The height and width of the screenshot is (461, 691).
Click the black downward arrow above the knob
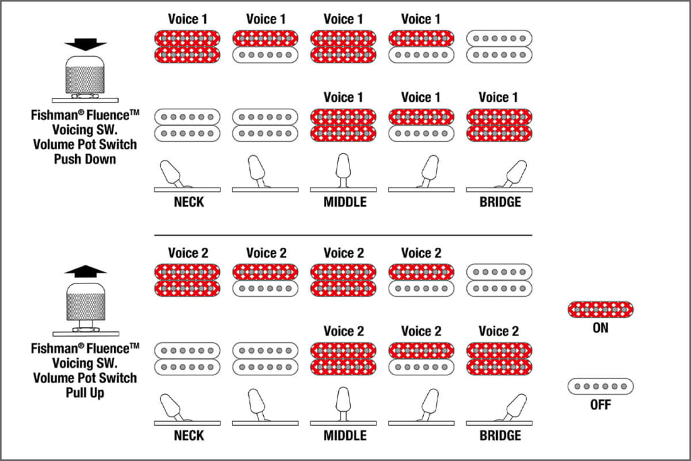[86, 45]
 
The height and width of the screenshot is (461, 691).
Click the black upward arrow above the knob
[86, 270]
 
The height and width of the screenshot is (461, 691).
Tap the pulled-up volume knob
[85, 303]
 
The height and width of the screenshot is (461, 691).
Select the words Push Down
[84, 159]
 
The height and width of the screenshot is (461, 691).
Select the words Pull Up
[84, 393]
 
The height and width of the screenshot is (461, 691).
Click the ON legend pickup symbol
[601, 310]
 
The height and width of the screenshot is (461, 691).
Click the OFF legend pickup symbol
[601, 387]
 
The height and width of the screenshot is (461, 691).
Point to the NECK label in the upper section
[189, 202]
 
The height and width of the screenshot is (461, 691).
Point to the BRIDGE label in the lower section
[500, 435]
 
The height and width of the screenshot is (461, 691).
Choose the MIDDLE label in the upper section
[345, 202]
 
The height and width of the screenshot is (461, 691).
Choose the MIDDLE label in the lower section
[345, 435]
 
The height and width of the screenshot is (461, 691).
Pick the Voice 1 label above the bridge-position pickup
[499, 97]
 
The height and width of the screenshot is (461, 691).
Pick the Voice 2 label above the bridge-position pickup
[499, 331]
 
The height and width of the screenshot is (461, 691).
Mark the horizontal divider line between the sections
[343, 235]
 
